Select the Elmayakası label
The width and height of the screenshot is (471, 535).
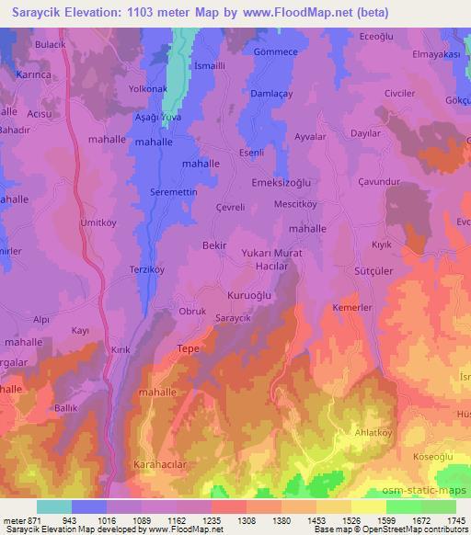pyautogui.click(x=436, y=53)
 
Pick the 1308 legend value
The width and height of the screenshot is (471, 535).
pyautogui.click(x=247, y=520)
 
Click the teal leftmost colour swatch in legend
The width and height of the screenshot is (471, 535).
pyautogui.click(x=54, y=507)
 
